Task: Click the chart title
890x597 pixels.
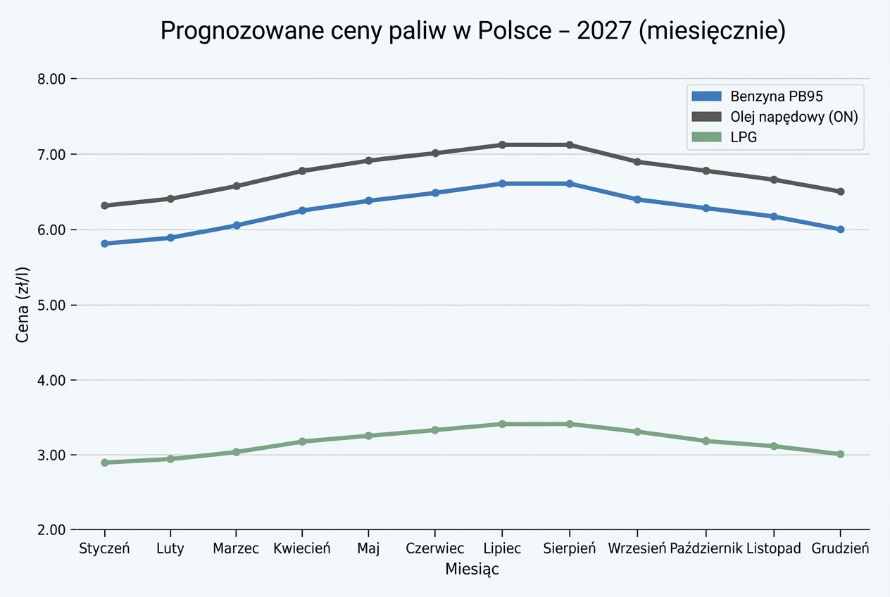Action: pyautogui.click(x=472, y=32)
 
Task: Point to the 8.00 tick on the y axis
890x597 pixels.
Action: pyautogui.click(x=51, y=79)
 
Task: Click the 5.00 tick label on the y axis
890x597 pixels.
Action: pyautogui.click(x=51, y=305)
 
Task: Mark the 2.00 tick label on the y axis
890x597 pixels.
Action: pyautogui.click(x=51, y=530)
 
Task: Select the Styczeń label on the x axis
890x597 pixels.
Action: pyautogui.click(x=105, y=549)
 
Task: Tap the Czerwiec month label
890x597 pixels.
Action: pyautogui.click(x=434, y=549)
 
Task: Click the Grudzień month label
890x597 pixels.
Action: pyautogui.click(x=840, y=549)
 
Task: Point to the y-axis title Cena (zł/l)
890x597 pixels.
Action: pyautogui.click(x=23, y=304)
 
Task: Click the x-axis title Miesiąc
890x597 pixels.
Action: pyautogui.click(x=472, y=570)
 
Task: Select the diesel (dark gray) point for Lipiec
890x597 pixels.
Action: pyautogui.click(x=502, y=145)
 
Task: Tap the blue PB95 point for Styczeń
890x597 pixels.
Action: pyautogui.click(x=105, y=244)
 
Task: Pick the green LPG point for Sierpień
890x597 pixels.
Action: pyautogui.click(x=570, y=424)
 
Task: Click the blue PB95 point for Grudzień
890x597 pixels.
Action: pyautogui.click(x=840, y=230)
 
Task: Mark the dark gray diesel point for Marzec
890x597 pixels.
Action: pyautogui.click(x=237, y=186)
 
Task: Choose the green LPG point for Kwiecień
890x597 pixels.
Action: pyautogui.click(x=302, y=441)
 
